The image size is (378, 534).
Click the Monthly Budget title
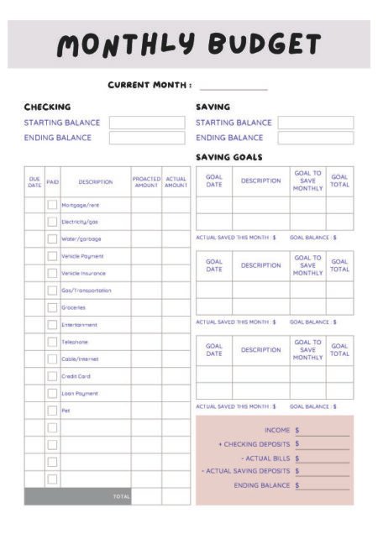[189, 45]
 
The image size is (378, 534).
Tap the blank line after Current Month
[234, 86]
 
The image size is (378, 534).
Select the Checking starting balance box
[146, 123]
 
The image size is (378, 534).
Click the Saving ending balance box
[315, 138]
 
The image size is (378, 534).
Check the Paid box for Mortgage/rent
[52, 205]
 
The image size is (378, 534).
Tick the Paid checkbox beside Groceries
[52, 307]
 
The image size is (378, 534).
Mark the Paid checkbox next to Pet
[52, 411]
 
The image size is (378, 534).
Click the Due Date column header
[34, 181]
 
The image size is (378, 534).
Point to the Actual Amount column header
[176, 181]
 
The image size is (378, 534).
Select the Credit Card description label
[76, 376]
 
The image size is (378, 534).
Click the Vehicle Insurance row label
[83, 273]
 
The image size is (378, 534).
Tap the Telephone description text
[75, 342]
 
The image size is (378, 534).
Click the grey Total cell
[77, 496]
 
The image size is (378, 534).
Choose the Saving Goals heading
[228, 157]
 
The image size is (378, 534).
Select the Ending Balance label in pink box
[261, 485]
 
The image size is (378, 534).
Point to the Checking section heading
[47, 107]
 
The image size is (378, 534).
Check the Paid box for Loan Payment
[52, 393]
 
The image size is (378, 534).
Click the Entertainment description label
[79, 325]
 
